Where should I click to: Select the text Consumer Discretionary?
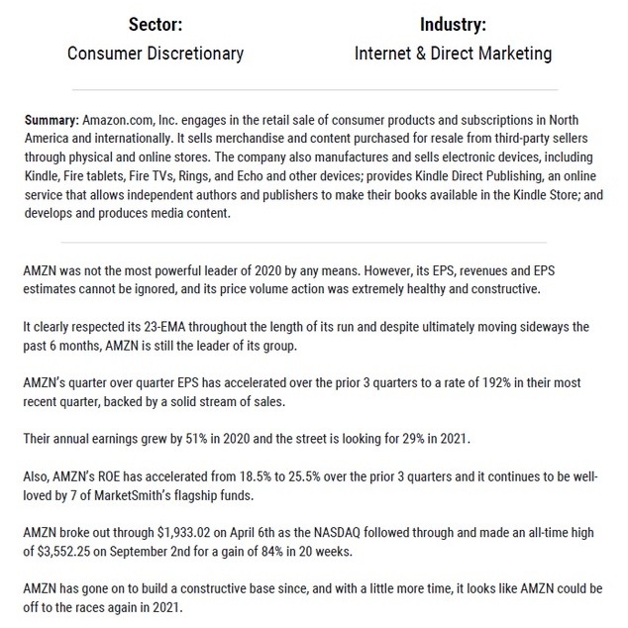click(x=156, y=52)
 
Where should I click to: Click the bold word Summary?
click(x=52, y=120)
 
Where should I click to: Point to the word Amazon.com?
click(x=116, y=120)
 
